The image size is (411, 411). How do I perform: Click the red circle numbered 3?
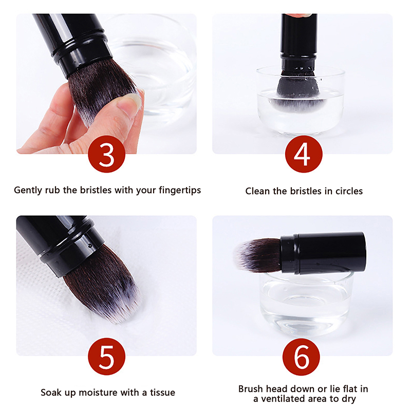(x=106, y=154)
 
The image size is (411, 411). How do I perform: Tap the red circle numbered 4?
(x=304, y=154)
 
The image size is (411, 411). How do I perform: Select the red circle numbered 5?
(x=106, y=357)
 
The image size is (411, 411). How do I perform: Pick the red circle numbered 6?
(x=301, y=357)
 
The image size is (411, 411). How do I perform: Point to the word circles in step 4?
(x=349, y=191)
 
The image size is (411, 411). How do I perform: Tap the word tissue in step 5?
(x=162, y=393)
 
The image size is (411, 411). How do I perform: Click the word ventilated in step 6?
(x=283, y=399)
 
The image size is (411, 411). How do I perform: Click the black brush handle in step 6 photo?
(x=323, y=253)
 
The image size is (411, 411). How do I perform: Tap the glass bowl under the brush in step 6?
(x=306, y=304)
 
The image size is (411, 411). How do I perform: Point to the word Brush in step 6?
(x=251, y=389)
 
